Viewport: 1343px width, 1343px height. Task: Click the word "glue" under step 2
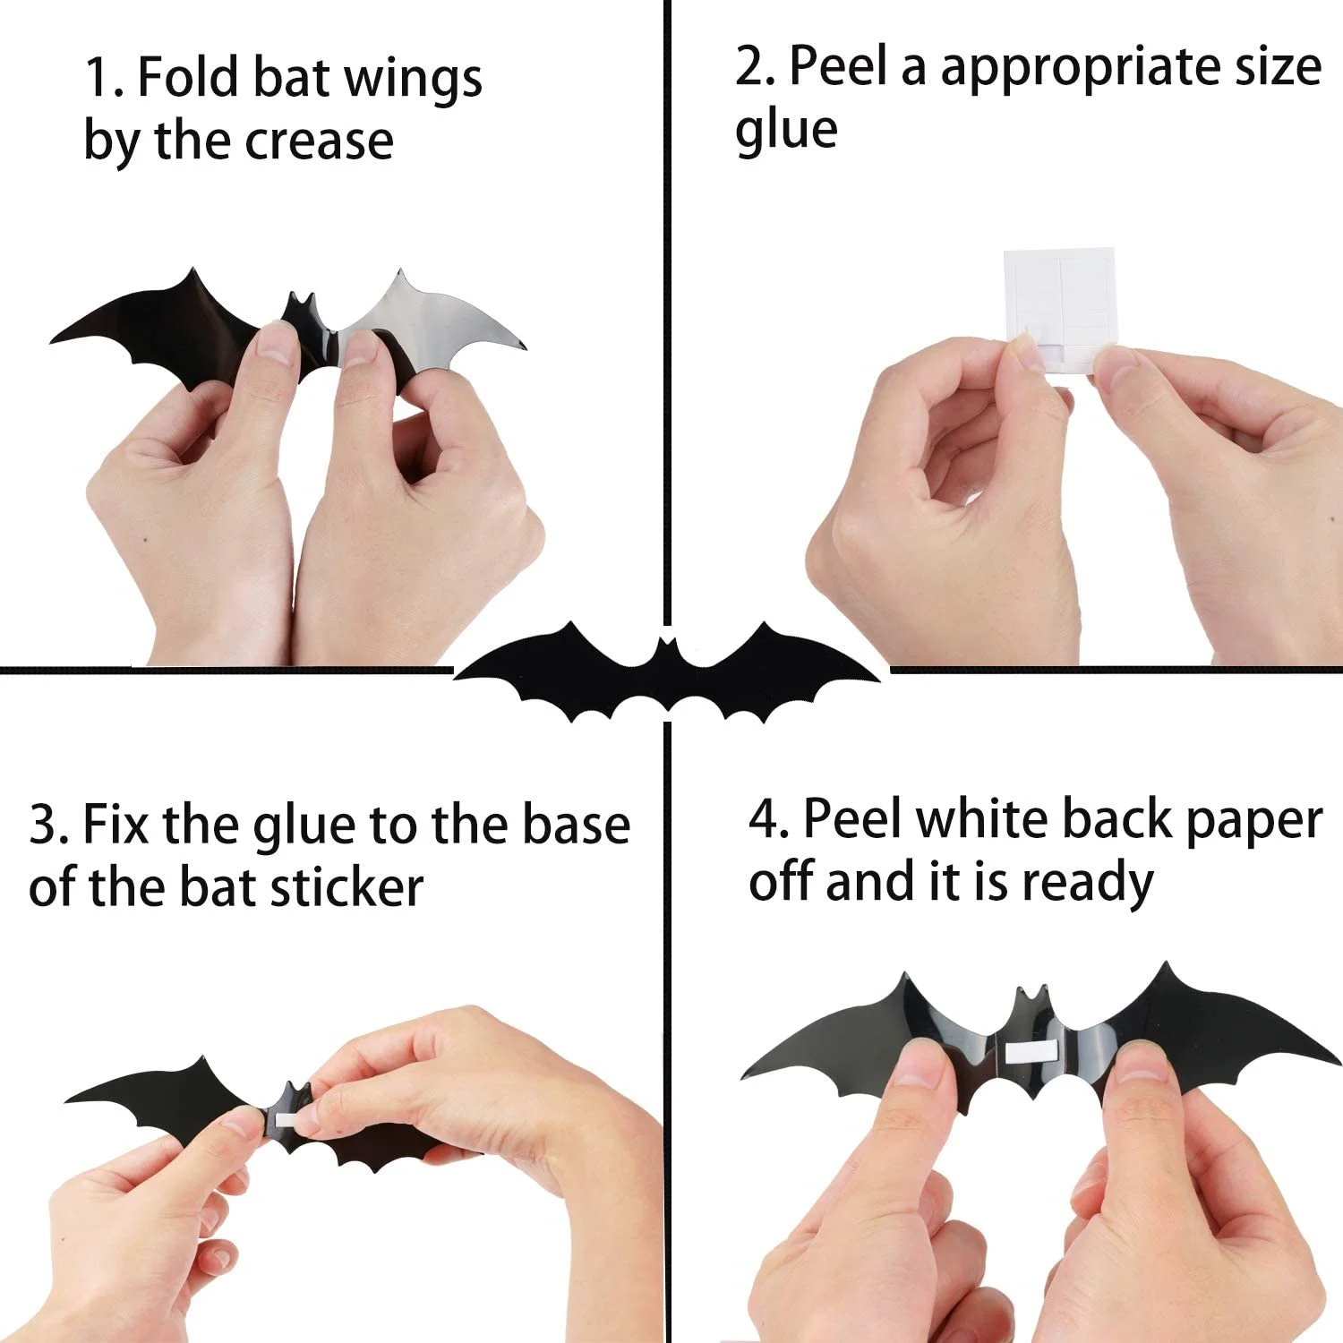click(x=786, y=131)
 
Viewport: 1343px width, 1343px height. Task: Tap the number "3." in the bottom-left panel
click(x=48, y=825)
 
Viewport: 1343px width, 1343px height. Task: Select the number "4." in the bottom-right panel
click(x=769, y=819)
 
